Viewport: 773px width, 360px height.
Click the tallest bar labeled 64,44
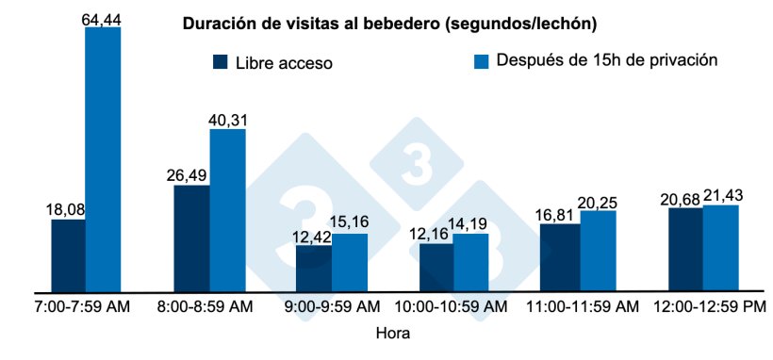pos(103,159)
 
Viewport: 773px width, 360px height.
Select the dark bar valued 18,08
pos(68,255)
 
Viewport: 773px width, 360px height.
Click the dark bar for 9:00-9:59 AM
pos(313,268)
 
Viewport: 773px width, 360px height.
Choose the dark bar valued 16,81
pos(559,257)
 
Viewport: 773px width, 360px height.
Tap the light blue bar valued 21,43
pos(720,248)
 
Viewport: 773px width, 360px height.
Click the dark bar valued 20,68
pos(685,250)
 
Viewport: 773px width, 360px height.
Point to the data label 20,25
pos(599,200)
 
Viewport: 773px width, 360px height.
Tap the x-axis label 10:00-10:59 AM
pos(453,308)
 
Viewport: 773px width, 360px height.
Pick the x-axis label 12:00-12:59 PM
pos(702,308)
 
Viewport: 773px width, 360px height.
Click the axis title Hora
pos(392,333)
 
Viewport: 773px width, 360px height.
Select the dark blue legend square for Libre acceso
pos(222,62)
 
